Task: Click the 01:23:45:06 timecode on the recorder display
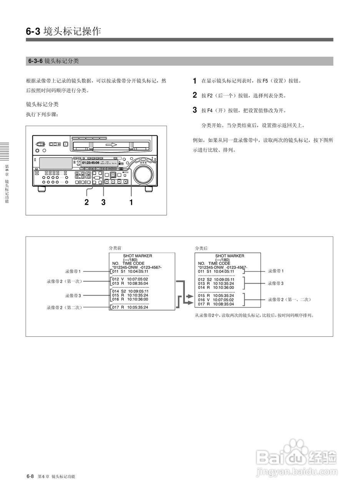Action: pyautogui.click(x=91, y=163)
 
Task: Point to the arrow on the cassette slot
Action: pyautogui.click(x=111, y=145)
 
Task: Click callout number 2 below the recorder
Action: pyautogui.click(x=87, y=202)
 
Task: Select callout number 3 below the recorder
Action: pyautogui.click(x=103, y=202)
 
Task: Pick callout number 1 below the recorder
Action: pyautogui.click(x=131, y=202)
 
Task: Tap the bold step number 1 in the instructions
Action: pyautogui.click(x=195, y=81)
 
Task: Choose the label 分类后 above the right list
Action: pyautogui.click(x=201, y=248)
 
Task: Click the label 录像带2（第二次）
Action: pyautogui.click(x=64, y=307)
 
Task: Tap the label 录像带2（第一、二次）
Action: pyautogui.click(x=289, y=299)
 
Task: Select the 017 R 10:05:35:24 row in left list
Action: pyautogui.click(x=130, y=307)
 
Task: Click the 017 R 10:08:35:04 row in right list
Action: pyautogui.click(x=216, y=304)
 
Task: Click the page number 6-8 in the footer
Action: pyautogui.click(x=30, y=477)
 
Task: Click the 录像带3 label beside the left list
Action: pyautogui.click(x=73, y=296)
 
